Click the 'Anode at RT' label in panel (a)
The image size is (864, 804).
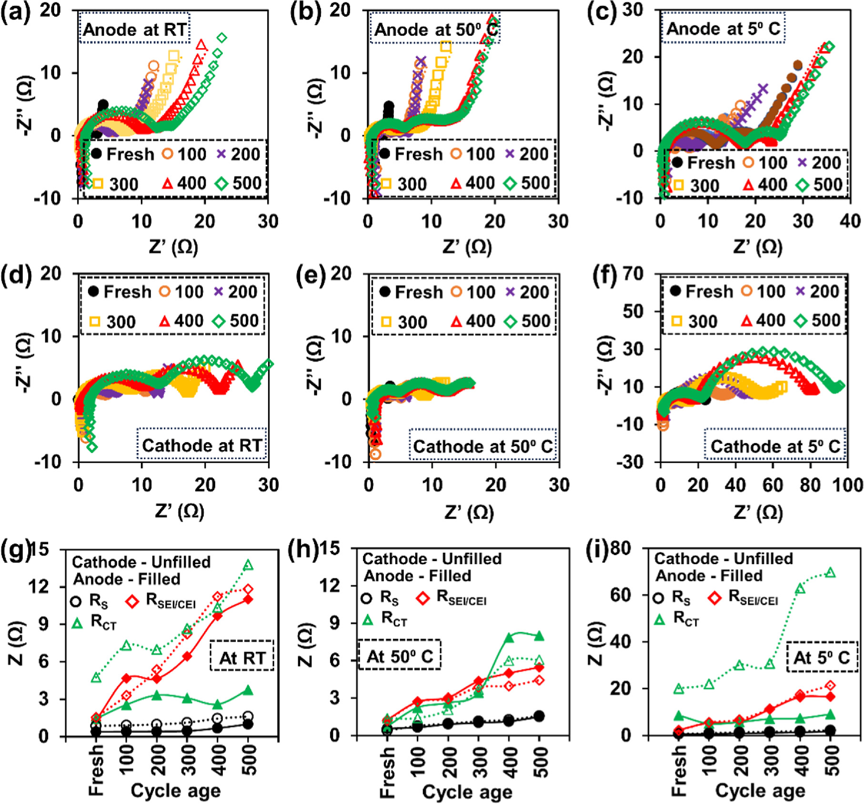(x=135, y=29)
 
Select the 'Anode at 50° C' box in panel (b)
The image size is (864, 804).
(x=435, y=29)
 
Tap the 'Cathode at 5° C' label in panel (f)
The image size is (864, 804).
(x=775, y=446)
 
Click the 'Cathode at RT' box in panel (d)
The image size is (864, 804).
(x=202, y=445)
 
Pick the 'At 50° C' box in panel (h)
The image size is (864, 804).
(x=399, y=656)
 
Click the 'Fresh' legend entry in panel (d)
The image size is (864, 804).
(x=120, y=291)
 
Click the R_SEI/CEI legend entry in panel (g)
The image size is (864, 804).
(x=162, y=601)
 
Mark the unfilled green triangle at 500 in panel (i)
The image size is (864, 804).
(x=830, y=572)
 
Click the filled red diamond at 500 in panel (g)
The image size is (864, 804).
(x=248, y=599)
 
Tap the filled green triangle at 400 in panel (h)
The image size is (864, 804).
(x=509, y=638)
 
